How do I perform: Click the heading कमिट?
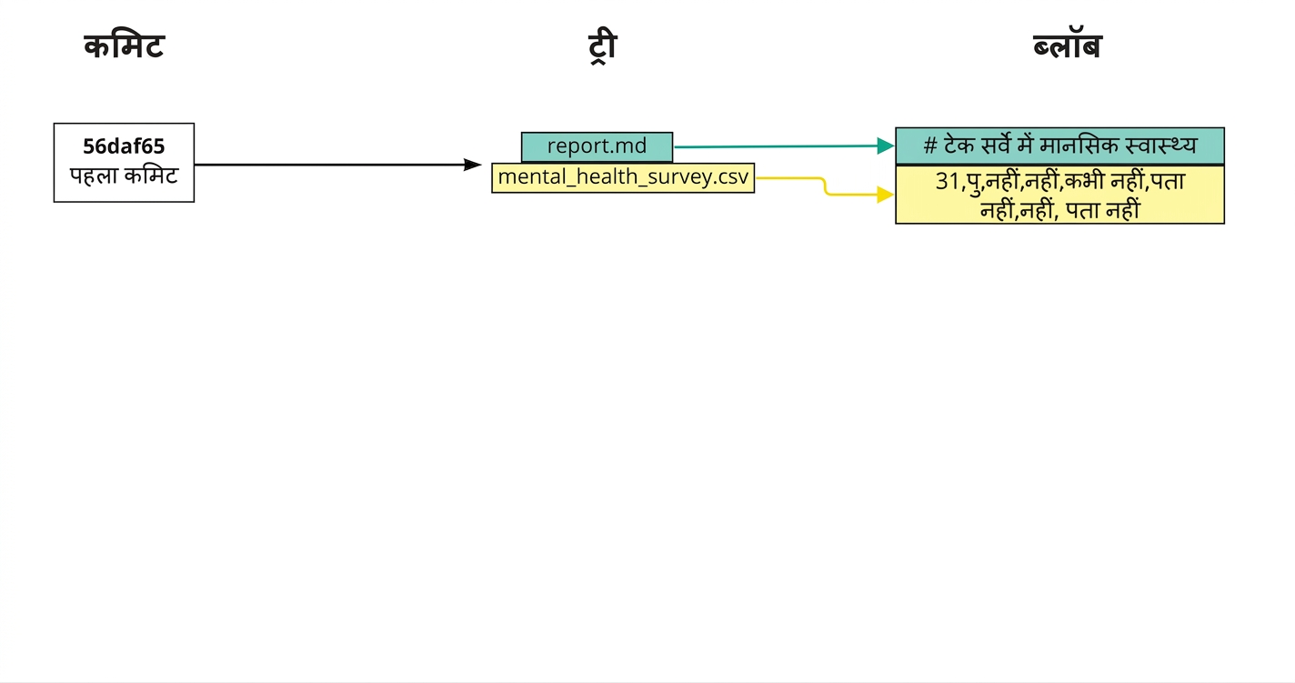pos(125,46)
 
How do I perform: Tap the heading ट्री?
pos(602,47)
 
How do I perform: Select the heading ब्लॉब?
pos(1068,46)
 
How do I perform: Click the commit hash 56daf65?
pos(124,146)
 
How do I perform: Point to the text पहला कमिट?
pos(124,176)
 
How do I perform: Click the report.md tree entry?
pos(597,147)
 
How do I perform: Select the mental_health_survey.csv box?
pos(623,177)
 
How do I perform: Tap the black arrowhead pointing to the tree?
pos(472,165)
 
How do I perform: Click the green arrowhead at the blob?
pos(886,146)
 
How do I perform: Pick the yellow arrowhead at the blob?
pos(886,195)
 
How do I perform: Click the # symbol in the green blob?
pos(929,146)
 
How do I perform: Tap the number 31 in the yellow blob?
pos(948,182)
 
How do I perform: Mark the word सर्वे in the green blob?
pos(996,145)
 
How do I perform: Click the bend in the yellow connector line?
pos(825,186)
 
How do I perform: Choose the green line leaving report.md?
pos(776,146)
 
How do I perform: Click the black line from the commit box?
pos(329,165)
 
